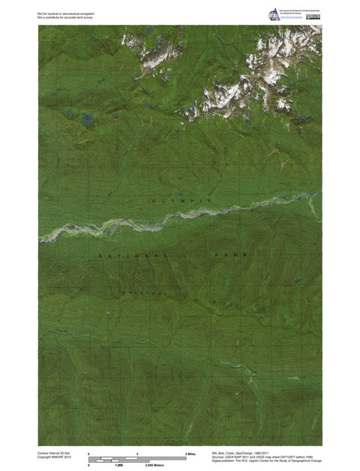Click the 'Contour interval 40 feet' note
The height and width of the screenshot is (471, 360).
52,454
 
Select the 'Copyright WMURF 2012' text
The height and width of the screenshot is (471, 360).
53,458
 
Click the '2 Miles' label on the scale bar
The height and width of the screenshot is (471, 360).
190,454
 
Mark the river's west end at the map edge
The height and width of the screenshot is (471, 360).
40,238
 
